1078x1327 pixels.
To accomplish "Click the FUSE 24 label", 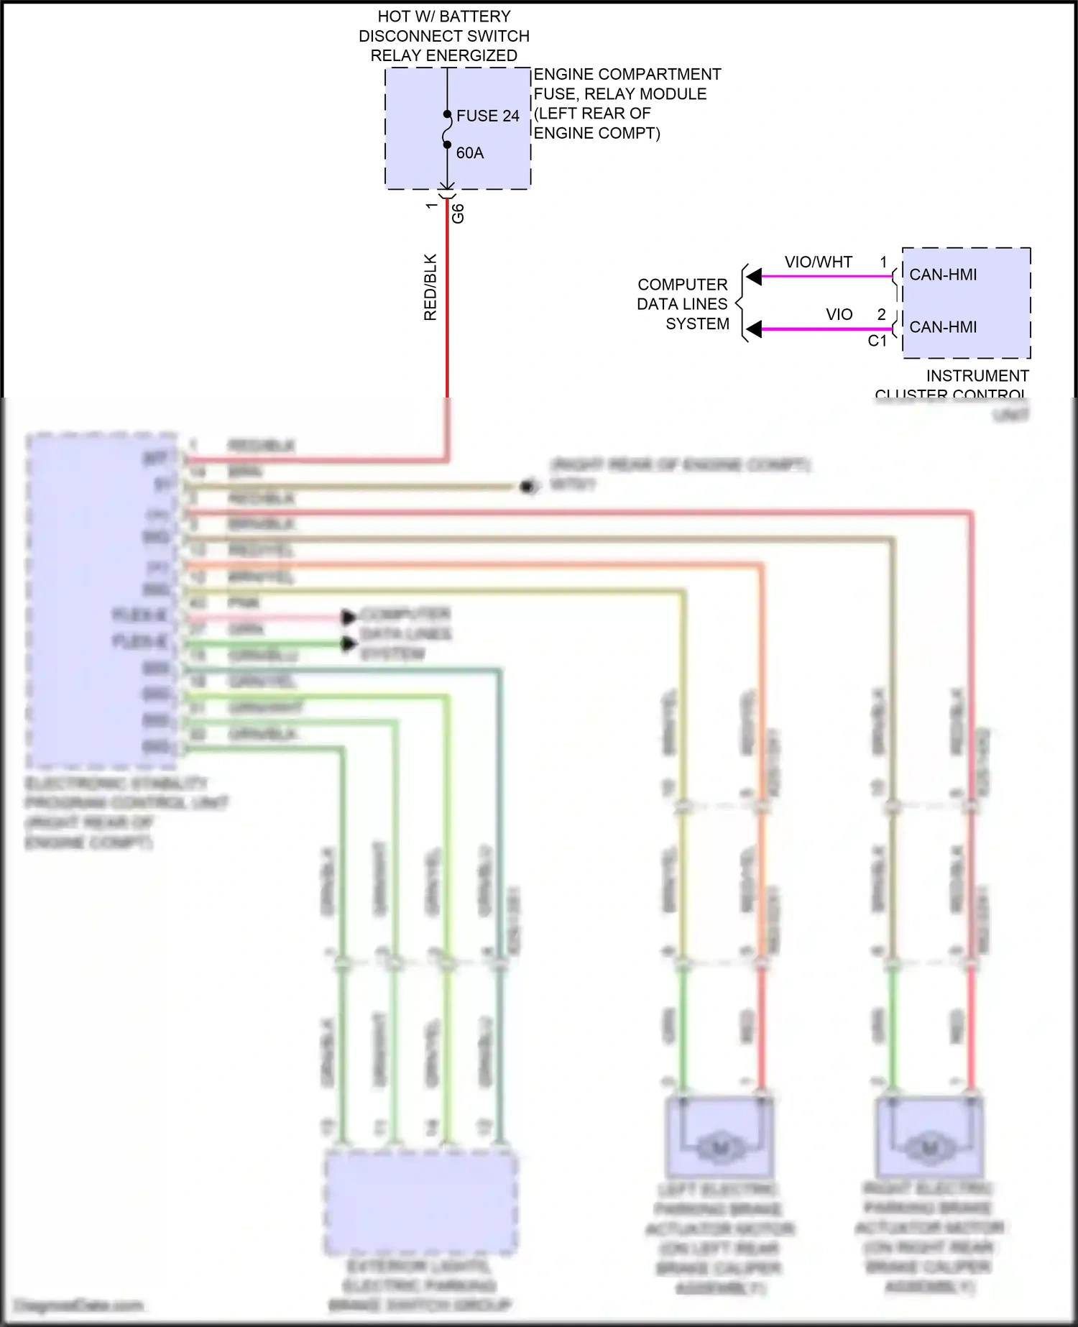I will point(487,116).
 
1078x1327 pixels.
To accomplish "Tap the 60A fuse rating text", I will point(470,153).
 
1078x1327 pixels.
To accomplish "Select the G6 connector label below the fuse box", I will point(458,213).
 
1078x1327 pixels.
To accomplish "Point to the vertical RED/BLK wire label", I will point(430,287).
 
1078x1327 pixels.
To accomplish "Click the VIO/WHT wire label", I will point(818,262).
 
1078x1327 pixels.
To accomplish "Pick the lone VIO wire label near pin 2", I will point(839,315).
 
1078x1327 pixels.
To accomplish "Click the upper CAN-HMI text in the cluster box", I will point(943,275).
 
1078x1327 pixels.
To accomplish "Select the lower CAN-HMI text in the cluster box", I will point(943,327).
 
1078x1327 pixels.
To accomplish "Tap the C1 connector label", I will point(877,341).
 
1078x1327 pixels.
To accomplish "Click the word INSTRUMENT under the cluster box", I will point(977,376).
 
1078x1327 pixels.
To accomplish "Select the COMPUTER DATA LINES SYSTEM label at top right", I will point(683,304).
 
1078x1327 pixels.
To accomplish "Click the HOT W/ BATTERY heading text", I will point(444,17).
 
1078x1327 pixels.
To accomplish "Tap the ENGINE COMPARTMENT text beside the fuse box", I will point(627,75).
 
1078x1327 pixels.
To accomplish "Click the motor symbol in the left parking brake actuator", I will point(719,1149).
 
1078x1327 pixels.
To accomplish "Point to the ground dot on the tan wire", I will point(528,487).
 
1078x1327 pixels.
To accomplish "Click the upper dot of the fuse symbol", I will point(447,114).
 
